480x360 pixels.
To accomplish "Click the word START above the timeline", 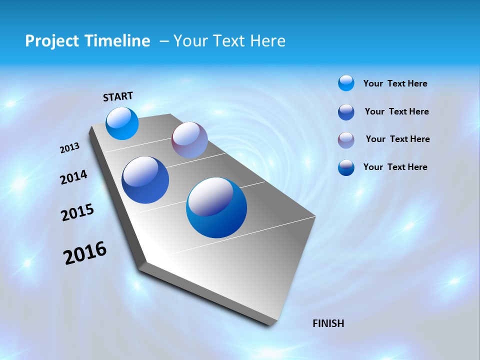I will [118, 96].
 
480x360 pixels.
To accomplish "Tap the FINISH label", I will [328, 323].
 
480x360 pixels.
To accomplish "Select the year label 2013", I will [69, 148].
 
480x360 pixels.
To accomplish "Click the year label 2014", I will [73, 177].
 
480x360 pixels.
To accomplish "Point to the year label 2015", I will [77, 212].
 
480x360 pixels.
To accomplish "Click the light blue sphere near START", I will [122, 123].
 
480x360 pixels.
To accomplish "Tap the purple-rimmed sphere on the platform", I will [189, 140].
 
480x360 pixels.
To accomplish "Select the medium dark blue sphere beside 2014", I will [145, 180].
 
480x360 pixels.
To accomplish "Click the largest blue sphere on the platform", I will [216, 207].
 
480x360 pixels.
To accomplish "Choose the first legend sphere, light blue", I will [346, 83].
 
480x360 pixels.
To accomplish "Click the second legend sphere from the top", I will [346, 112].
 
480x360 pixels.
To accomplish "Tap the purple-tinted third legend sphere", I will [346, 140].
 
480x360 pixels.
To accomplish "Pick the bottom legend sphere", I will [346, 167].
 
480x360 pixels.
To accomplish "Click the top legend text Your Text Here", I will [395, 83].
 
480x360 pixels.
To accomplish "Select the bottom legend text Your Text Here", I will [395, 167].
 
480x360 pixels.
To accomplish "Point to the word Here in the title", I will [267, 41].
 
